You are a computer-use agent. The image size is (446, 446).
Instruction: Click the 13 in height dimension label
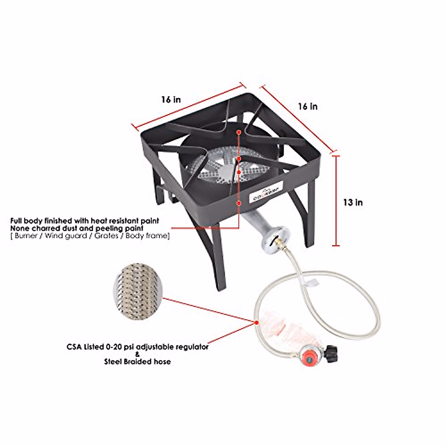tap(353, 203)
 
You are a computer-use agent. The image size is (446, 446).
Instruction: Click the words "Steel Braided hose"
tap(138, 362)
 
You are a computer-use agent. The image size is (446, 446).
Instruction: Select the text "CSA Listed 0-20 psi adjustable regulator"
tap(138, 347)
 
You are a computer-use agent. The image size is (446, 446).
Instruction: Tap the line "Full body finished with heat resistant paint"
tap(85, 221)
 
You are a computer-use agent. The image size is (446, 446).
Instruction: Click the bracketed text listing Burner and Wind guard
tap(90, 236)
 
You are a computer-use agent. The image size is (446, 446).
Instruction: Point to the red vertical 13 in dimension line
tap(336, 201)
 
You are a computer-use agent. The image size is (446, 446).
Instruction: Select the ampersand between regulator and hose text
tap(138, 354)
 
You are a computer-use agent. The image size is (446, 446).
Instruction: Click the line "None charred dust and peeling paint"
tap(77, 228)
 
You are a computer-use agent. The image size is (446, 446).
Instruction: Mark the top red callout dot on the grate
tap(238, 132)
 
